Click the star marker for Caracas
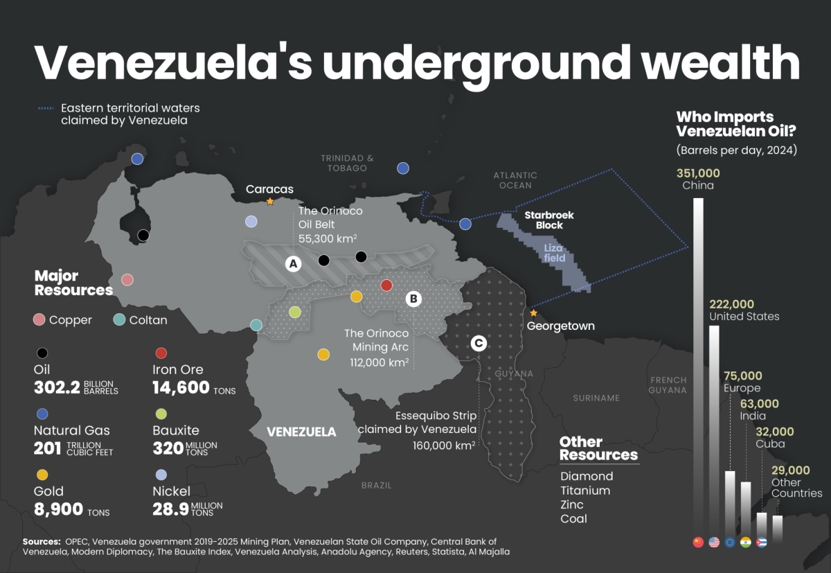pos(270,202)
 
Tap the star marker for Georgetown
pos(533,313)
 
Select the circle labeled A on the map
pos(293,263)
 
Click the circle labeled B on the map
pos(413,299)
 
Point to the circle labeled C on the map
pos(478,343)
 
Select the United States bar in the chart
pos(714,430)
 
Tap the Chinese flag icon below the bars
pos(698,542)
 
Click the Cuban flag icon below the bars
pos(761,542)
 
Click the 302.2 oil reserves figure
pos(57,387)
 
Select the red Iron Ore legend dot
pos(161,353)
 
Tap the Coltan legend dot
pos(119,319)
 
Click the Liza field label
pos(554,253)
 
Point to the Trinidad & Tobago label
pos(347,163)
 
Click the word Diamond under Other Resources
pos(587,476)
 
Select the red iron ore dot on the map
pos(387,285)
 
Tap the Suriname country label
pos(596,398)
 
